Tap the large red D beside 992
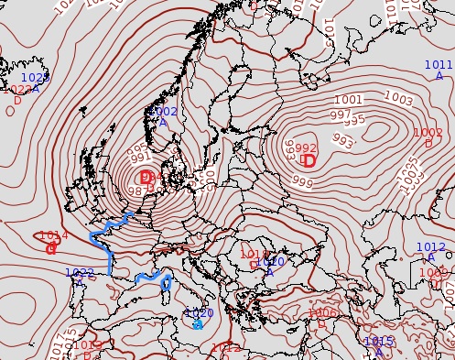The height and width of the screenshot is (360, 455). coord(309,162)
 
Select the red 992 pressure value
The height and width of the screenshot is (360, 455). coord(306,148)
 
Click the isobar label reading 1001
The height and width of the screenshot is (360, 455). coord(348,100)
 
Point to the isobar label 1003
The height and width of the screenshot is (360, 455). coord(397,98)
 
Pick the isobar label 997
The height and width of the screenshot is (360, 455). coord(340,115)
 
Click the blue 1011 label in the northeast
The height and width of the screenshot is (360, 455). coord(439,65)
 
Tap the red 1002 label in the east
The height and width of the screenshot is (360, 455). coord(428,133)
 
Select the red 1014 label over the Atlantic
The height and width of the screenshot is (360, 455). coord(54,235)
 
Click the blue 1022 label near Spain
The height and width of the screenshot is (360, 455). coord(80,273)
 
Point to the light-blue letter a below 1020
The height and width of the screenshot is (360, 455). coord(198,324)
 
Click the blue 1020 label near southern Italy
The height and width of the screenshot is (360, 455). coord(199,313)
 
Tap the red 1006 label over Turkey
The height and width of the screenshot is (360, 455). coord(322,313)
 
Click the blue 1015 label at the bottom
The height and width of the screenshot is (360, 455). coord(379,342)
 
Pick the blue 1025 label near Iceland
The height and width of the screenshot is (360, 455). coord(35,79)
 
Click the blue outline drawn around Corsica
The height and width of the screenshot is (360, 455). coord(166,286)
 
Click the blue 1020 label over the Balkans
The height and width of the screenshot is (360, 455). coord(271,262)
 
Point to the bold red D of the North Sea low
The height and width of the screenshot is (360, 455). coord(146,177)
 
